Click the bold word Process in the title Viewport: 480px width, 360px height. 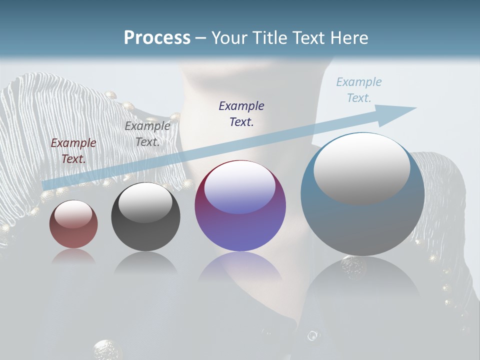point(157,38)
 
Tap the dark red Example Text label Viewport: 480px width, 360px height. point(73,151)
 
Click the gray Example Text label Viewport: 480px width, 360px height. point(147,134)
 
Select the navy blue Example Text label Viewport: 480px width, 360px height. point(241,113)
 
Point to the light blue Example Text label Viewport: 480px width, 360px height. point(358,90)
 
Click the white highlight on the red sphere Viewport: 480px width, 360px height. point(73,214)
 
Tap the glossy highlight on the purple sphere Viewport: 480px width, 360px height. point(239,187)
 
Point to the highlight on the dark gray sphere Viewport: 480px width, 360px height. point(145,202)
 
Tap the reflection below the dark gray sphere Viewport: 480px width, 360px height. point(145,262)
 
